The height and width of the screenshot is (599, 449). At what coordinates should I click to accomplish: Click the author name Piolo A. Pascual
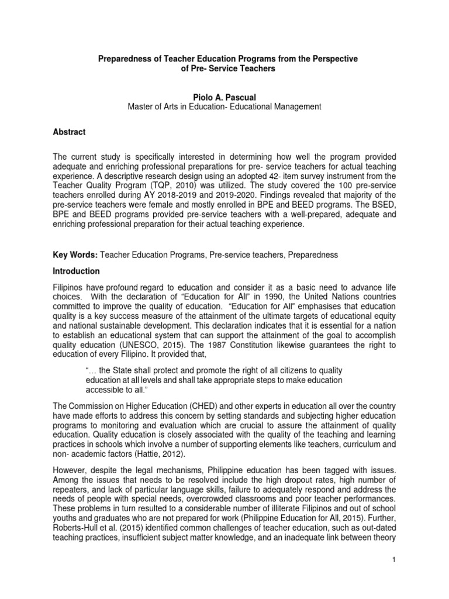(224, 96)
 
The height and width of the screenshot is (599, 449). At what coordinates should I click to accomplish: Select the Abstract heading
(69, 132)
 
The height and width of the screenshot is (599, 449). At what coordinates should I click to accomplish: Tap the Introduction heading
(76, 271)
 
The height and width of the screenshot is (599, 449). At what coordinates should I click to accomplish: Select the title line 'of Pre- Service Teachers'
(224, 69)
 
